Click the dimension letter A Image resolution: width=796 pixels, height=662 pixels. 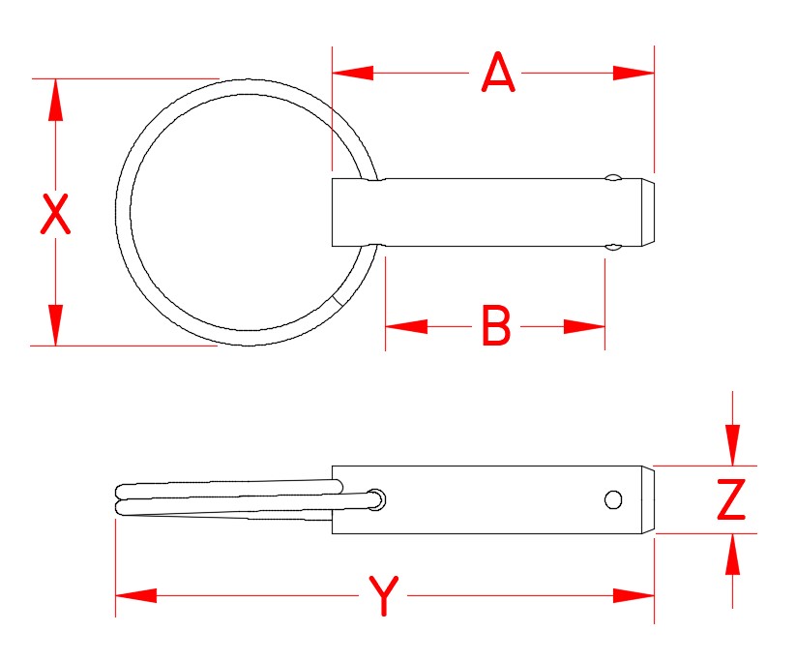click(x=498, y=74)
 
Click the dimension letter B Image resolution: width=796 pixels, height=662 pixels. click(x=495, y=326)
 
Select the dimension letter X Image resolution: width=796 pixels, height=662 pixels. click(x=56, y=215)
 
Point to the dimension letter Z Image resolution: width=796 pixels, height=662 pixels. click(x=731, y=500)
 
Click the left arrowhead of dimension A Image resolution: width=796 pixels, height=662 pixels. click(x=352, y=73)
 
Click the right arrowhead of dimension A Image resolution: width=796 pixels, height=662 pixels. click(x=634, y=73)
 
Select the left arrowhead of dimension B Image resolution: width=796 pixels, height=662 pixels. click(x=405, y=326)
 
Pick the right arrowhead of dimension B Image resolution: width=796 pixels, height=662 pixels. click(x=585, y=326)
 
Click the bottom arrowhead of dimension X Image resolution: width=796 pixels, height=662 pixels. click(x=55, y=324)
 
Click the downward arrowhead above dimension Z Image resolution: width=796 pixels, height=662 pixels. click(x=732, y=446)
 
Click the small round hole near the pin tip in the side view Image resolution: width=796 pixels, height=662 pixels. click(x=612, y=499)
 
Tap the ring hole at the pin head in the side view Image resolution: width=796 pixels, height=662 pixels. click(x=377, y=499)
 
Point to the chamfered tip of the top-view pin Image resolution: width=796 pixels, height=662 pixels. click(x=648, y=212)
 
